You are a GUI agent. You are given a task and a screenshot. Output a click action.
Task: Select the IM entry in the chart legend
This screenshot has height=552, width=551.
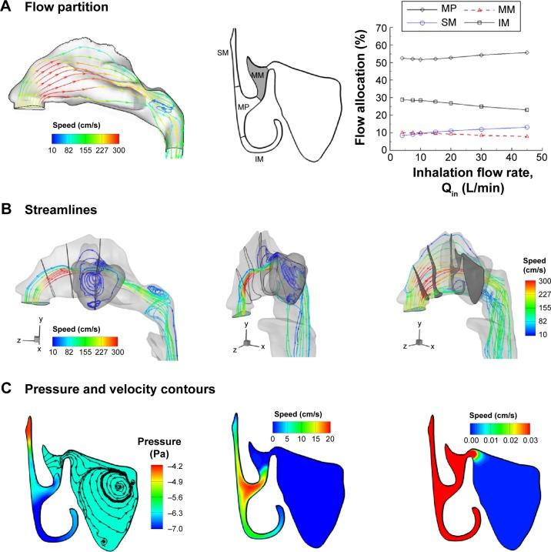tap(509, 25)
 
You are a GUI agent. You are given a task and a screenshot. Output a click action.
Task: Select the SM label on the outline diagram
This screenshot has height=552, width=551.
tap(222, 53)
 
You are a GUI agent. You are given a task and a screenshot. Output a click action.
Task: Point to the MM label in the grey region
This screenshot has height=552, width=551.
tap(258, 75)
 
